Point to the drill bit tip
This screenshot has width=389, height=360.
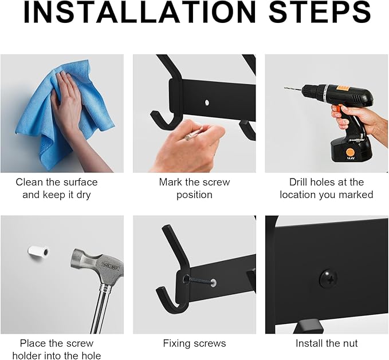click(286, 89)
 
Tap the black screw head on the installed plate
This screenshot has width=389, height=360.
click(328, 279)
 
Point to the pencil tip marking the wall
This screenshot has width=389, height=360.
click(187, 137)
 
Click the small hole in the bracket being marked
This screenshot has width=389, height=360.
click(207, 104)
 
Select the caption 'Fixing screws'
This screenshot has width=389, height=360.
click(194, 343)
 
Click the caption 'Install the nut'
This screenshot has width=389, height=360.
click(327, 343)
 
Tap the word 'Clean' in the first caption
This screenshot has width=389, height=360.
click(29, 182)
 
